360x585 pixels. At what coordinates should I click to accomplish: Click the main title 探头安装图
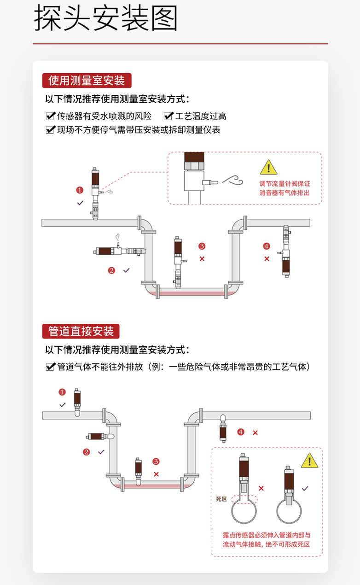(x=106, y=19)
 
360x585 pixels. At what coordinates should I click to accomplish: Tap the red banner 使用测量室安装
(x=87, y=81)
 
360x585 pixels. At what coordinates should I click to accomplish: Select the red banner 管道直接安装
(x=81, y=331)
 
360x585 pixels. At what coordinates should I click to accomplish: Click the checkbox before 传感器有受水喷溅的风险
(x=51, y=116)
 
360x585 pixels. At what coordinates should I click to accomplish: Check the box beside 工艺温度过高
(x=168, y=116)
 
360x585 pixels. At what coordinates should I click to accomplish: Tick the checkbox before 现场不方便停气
(x=51, y=130)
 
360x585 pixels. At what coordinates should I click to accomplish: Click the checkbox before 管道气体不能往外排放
(x=51, y=367)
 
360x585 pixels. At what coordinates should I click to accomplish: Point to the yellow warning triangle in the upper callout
(x=268, y=168)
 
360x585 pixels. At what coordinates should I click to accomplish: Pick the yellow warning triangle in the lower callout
(x=309, y=460)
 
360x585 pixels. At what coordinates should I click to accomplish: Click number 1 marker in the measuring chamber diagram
(x=80, y=190)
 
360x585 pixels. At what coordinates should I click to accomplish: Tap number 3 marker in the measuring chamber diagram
(x=202, y=246)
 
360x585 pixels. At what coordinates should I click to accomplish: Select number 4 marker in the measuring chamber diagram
(x=267, y=246)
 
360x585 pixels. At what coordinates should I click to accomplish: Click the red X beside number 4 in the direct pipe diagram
(x=255, y=433)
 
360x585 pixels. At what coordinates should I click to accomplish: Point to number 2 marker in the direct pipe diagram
(x=87, y=452)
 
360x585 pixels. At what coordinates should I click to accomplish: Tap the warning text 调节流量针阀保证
(x=285, y=184)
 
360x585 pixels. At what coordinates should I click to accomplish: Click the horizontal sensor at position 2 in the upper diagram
(x=121, y=251)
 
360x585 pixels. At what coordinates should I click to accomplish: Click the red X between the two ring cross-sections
(x=261, y=488)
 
